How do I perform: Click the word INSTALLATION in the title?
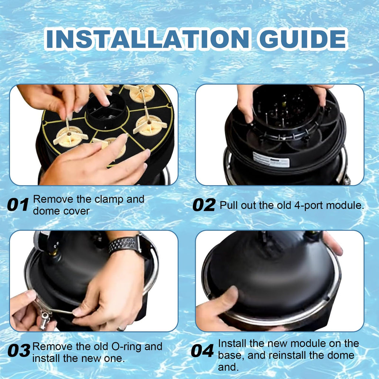click(147, 38)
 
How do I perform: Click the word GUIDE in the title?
click(303, 38)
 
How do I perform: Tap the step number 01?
click(18, 205)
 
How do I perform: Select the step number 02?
click(204, 205)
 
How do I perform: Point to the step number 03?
click(19, 351)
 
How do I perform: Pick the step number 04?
click(202, 351)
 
